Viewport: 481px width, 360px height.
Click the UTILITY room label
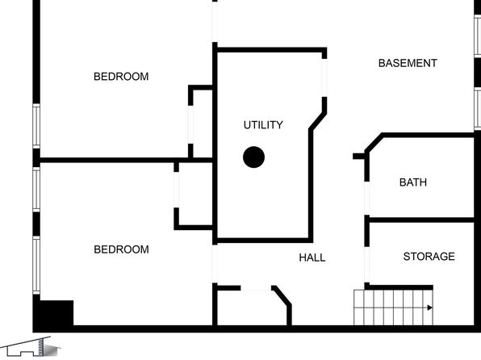pyautogui.click(x=263, y=125)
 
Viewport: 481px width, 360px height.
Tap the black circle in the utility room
pyautogui.click(x=253, y=157)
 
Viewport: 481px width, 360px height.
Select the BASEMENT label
pyautogui.click(x=408, y=63)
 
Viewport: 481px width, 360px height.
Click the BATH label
pyautogui.click(x=413, y=182)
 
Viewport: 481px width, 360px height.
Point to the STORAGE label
pyautogui.click(x=429, y=256)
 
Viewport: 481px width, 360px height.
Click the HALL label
pyautogui.click(x=312, y=257)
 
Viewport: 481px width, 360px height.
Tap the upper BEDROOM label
pyautogui.click(x=121, y=77)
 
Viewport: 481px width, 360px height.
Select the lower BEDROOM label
pyautogui.click(x=122, y=249)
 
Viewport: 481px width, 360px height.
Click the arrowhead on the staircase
pyautogui.click(x=430, y=308)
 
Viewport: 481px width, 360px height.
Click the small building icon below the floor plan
pyautogui.click(x=31, y=347)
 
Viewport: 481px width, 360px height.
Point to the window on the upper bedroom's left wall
pyautogui.click(x=36, y=126)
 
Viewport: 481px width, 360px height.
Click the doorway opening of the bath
pyautogui.click(x=367, y=199)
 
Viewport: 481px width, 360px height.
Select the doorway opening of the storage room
pyautogui.click(x=367, y=265)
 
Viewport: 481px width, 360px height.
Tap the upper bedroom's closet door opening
pyautogui.click(x=190, y=124)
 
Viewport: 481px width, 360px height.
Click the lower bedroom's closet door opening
pyautogui.click(x=177, y=190)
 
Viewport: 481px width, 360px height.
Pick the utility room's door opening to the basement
pyautogui.click(x=324, y=78)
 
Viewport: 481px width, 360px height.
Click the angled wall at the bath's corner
pyautogui.click(x=374, y=143)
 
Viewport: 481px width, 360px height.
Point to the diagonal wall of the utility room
pyautogui.click(x=318, y=121)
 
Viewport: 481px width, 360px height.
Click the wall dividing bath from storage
pyautogui.click(x=421, y=220)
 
